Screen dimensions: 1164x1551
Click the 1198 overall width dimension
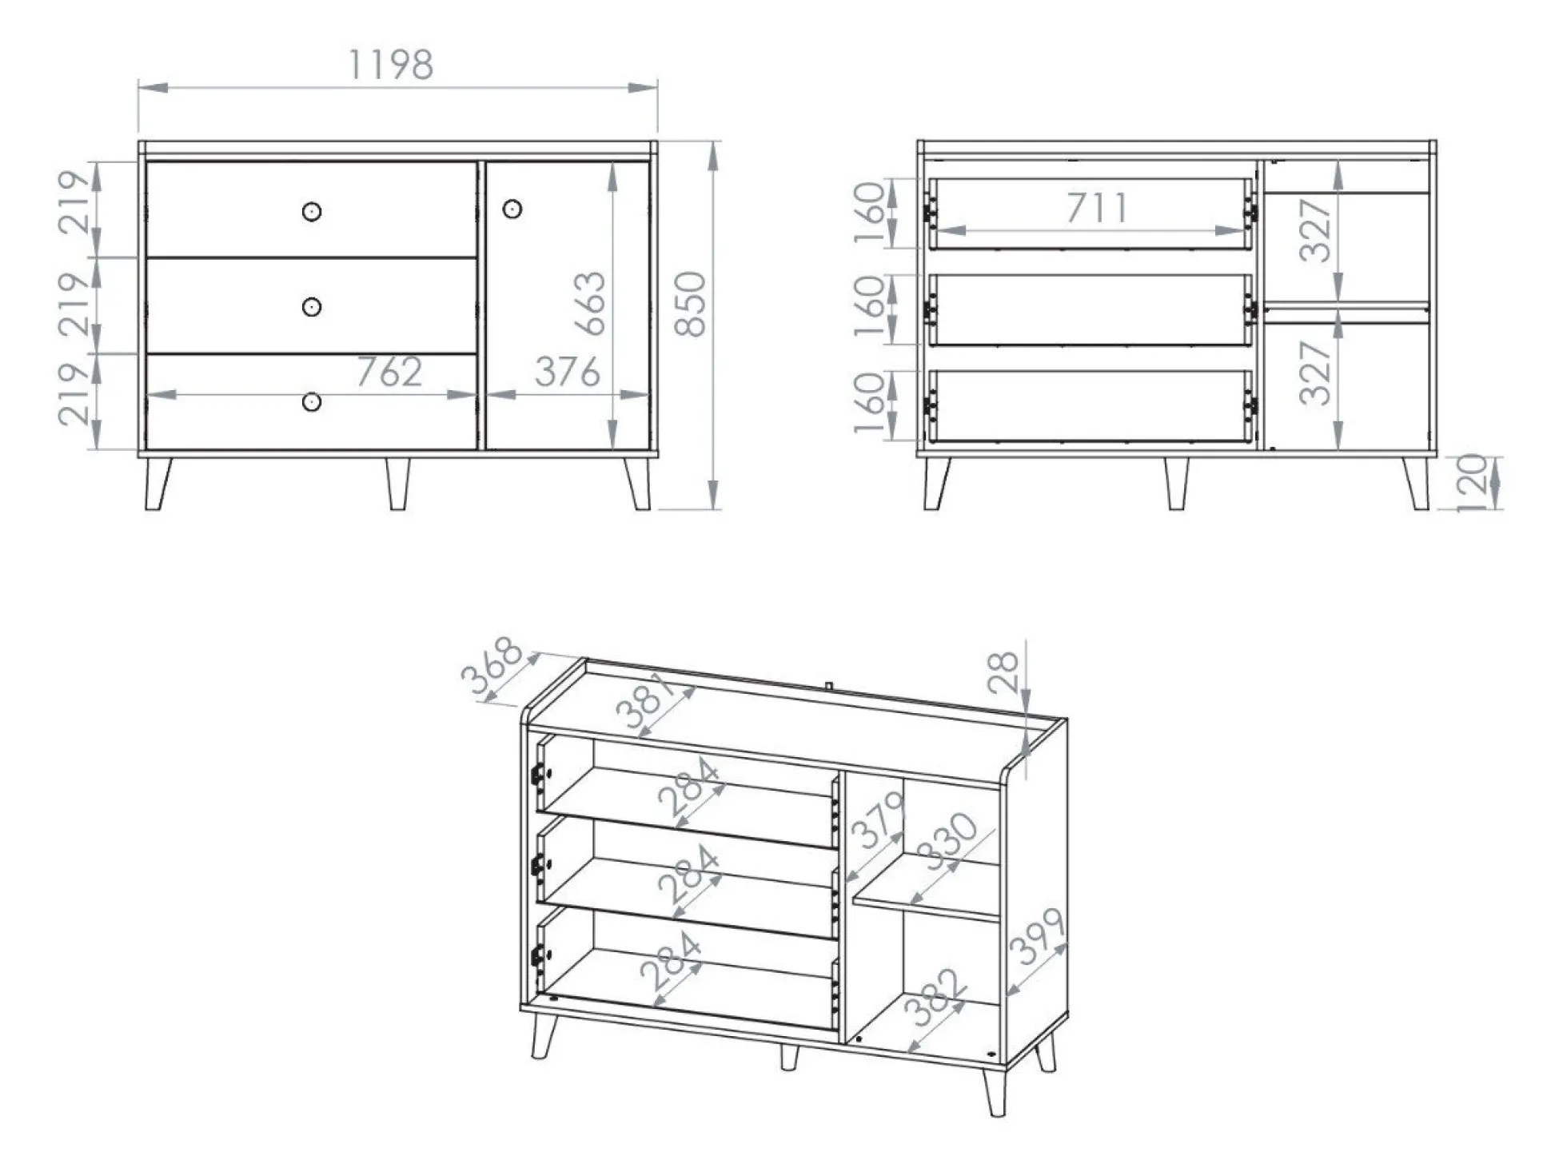pos(391,65)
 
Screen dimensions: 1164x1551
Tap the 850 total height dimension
pos(691,304)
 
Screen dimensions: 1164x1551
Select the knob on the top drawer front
pos(312,212)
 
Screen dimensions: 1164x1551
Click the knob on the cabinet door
pos(512,209)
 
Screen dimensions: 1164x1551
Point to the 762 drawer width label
pos(389,373)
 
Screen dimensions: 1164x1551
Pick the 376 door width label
pos(567,373)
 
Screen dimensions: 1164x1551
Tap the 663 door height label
pos(592,303)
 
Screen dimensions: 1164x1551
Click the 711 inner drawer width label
pos(1097,208)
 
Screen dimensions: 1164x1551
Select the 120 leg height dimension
pos(1473,482)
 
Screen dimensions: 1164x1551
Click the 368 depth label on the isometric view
pos(492,666)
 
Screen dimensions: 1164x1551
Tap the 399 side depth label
pos(1037,937)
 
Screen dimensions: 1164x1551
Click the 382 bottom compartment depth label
pos(936,997)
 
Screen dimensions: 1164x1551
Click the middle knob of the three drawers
pos(312,307)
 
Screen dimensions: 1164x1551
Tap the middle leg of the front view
pos(397,483)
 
